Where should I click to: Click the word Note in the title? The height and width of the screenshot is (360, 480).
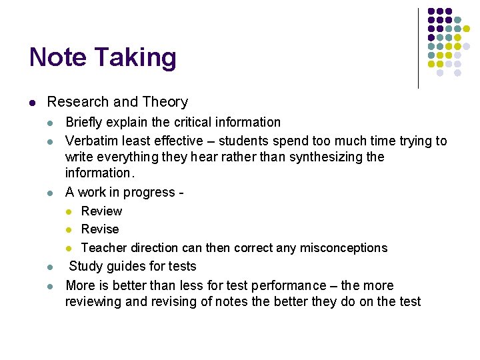coord(58,57)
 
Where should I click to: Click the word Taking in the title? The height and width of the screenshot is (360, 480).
coord(135,59)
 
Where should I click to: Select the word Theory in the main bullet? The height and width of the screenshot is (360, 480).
coord(163,102)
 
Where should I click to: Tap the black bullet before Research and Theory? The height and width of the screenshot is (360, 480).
coord(33,103)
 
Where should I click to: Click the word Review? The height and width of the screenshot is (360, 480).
coord(101,211)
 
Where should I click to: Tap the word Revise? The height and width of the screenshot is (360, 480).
coord(100,229)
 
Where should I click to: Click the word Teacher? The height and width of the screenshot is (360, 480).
coord(103,248)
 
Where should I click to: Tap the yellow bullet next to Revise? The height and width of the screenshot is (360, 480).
coord(68,230)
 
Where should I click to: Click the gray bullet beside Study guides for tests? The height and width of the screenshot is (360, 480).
coord(51,267)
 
